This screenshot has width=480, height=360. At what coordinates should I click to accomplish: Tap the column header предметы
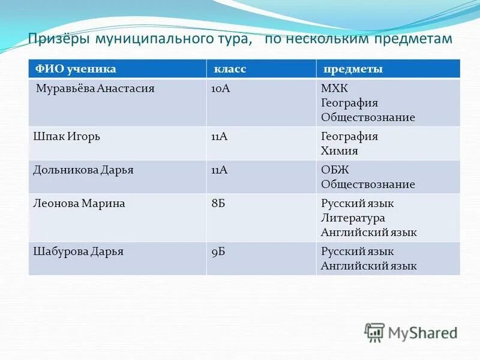click(353, 69)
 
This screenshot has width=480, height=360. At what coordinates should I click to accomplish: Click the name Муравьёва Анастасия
click(95, 88)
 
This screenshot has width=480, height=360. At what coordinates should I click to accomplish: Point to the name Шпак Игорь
click(66, 136)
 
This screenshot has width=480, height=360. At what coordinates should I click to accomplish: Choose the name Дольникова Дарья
click(83, 170)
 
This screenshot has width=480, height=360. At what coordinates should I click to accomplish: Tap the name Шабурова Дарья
click(78, 251)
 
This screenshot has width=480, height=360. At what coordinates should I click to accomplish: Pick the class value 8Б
click(218, 203)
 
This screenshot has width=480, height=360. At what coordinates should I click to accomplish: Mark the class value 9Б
click(218, 251)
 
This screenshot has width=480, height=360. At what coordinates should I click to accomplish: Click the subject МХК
click(334, 89)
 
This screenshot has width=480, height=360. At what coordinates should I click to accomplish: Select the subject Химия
click(340, 151)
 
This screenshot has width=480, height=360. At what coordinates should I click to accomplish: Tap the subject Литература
click(353, 218)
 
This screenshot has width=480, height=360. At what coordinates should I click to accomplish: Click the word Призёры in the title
click(55, 39)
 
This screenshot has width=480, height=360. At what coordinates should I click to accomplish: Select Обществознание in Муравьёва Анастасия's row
click(368, 118)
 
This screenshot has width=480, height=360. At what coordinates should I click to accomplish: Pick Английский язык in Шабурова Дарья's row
click(368, 266)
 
